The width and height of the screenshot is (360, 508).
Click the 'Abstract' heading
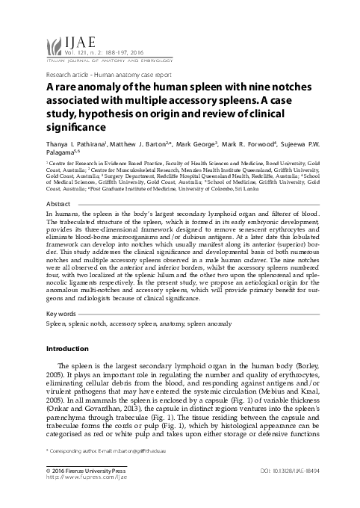tap(59, 183)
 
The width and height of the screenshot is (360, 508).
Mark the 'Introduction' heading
tap(67, 349)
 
